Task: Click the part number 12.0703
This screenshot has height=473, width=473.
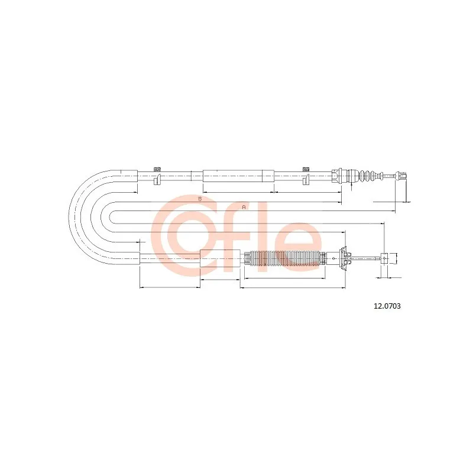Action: point(387,306)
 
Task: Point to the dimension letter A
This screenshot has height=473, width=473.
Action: point(244,208)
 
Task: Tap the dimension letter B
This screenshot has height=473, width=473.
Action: point(200,199)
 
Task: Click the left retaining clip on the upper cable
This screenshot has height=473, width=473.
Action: point(157,180)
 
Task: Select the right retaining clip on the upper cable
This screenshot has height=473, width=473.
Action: point(306,180)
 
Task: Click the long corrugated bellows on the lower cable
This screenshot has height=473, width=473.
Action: point(285,258)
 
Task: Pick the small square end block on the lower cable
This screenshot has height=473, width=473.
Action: point(384,258)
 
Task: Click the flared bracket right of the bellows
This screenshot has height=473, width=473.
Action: point(344,258)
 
